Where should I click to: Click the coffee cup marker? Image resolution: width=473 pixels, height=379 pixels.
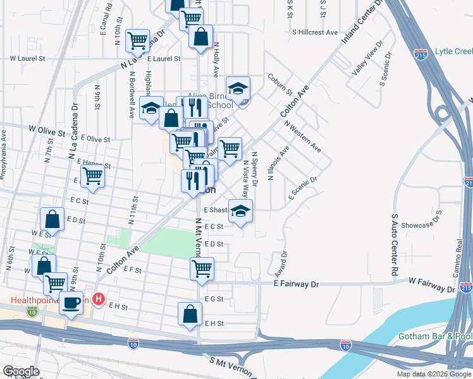pos(71,302)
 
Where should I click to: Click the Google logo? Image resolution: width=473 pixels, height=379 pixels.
pos(21,371)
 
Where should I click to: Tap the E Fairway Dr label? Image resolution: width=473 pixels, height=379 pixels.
pos(296,285)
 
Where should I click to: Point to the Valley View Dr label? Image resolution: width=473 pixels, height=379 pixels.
pos(368,60)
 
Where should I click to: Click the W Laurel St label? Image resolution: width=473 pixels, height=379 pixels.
pos(27,58)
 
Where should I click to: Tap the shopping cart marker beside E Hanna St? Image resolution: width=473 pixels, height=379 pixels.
pos(92,176)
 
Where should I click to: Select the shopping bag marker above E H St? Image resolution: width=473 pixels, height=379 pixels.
pos(190,314)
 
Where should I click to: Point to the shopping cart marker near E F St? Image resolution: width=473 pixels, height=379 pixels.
pos(202,268)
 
